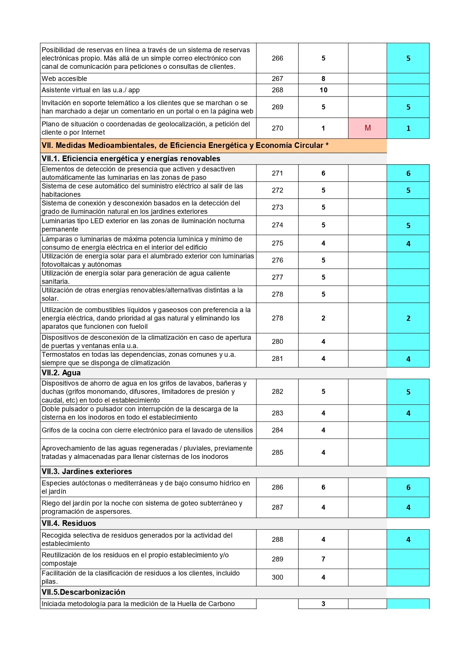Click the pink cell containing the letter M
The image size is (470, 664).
tap(367, 128)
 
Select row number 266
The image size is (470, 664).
tap(277, 58)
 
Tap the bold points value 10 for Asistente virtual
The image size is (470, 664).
tap(323, 90)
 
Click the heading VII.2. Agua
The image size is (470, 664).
tap(61, 373)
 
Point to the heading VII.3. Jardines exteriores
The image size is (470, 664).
tap(87, 472)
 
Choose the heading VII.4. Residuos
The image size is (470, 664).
tap(69, 524)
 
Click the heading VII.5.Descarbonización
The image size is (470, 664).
tap(83, 592)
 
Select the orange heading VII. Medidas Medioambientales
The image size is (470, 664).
tap(185, 146)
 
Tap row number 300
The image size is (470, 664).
tap(277, 578)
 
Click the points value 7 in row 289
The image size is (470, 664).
tap(323, 559)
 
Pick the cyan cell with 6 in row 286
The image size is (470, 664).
tap(408, 488)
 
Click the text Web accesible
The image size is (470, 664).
tap(64, 79)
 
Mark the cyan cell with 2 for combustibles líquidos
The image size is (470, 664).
tap(408, 319)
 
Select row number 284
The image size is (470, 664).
tap(277, 431)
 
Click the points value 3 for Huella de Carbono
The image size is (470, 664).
tap(323, 604)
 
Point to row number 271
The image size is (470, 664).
tap(277, 173)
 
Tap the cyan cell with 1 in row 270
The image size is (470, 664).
tap(408, 129)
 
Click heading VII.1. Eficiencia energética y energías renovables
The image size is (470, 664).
tap(131, 159)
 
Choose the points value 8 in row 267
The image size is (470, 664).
tap(323, 79)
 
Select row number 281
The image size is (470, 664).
tap(277, 359)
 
